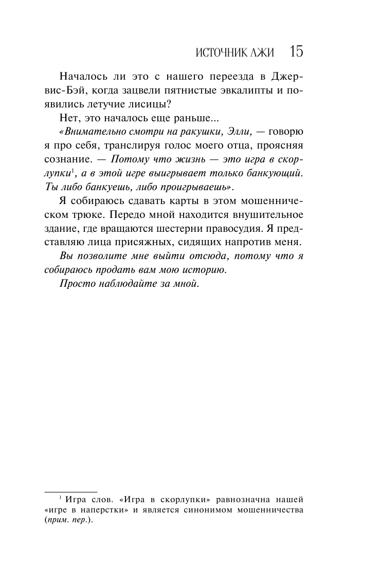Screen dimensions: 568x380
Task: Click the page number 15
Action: (x=296, y=52)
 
